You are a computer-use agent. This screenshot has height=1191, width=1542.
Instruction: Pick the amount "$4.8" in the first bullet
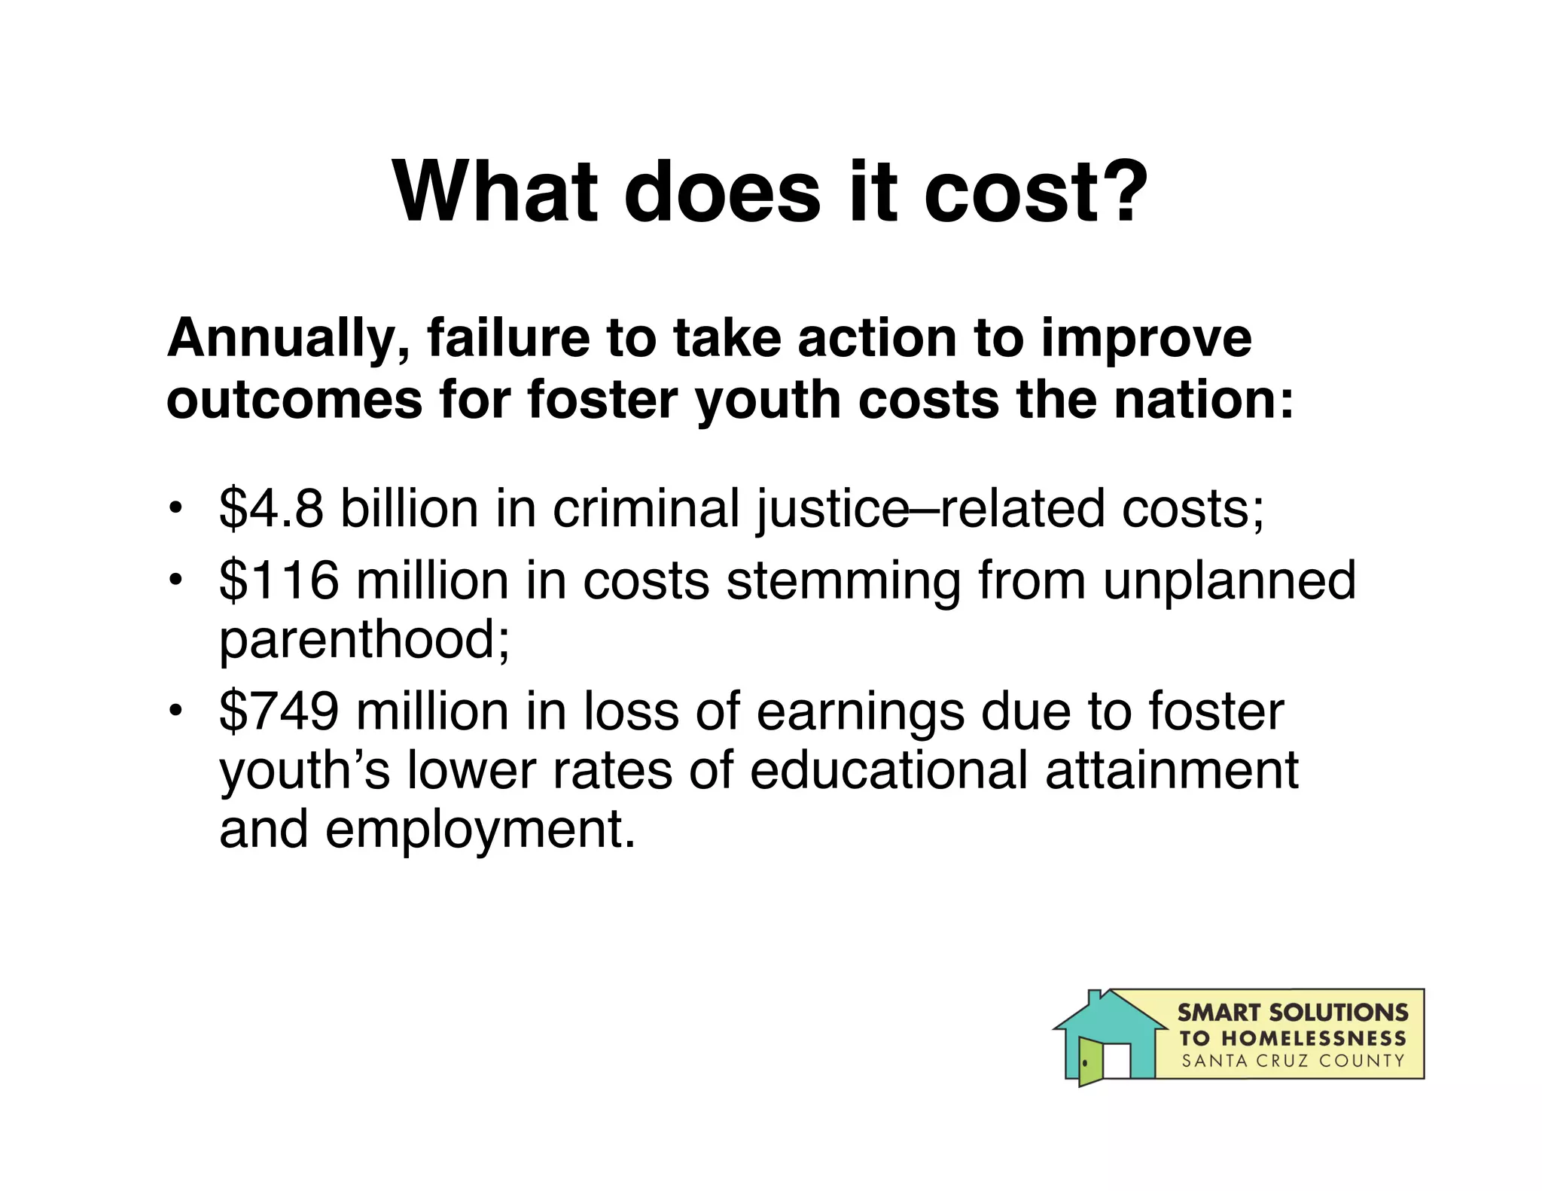(271, 509)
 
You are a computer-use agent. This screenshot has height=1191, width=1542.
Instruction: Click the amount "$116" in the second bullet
(279, 580)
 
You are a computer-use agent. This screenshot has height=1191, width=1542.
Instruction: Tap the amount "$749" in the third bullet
(279, 712)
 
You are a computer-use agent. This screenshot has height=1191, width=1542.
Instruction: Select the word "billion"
(410, 509)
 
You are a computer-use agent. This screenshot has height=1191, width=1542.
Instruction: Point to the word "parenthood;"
(364, 640)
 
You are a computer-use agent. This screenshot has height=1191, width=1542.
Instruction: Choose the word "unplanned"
(1229, 582)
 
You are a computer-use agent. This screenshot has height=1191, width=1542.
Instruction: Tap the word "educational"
(888, 771)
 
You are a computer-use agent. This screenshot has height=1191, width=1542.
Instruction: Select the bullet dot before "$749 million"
(175, 710)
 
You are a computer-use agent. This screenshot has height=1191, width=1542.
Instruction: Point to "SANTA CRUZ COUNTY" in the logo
(1293, 1062)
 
